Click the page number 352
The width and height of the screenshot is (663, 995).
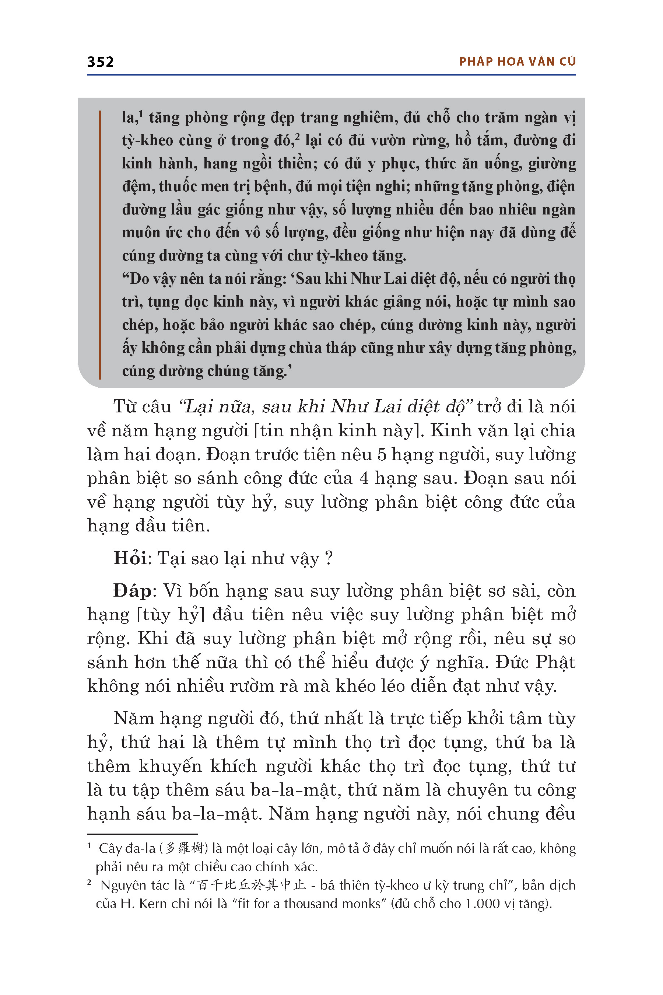click(x=100, y=62)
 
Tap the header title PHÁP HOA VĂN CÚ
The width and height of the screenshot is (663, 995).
click(x=517, y=62)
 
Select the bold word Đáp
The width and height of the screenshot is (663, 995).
click(x=132, y=591)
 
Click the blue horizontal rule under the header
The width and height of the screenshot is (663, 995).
click(x=331, y=75)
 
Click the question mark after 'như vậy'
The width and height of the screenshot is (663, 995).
click(x=329, y=558)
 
